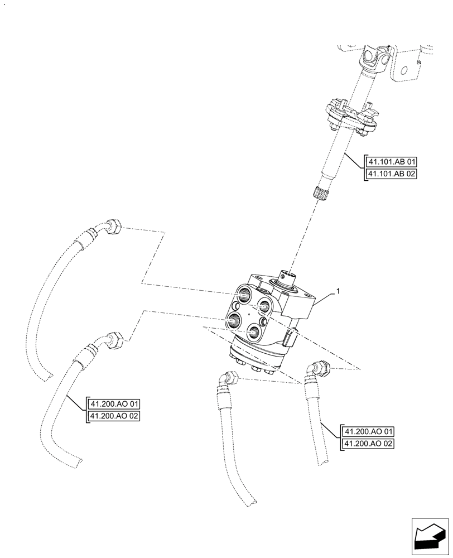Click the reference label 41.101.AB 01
point(392,162)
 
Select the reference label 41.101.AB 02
point(392,175)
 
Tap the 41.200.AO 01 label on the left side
point(114,403)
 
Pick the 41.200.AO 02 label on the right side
point(369,444)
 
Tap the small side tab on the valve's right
point(291,339)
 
